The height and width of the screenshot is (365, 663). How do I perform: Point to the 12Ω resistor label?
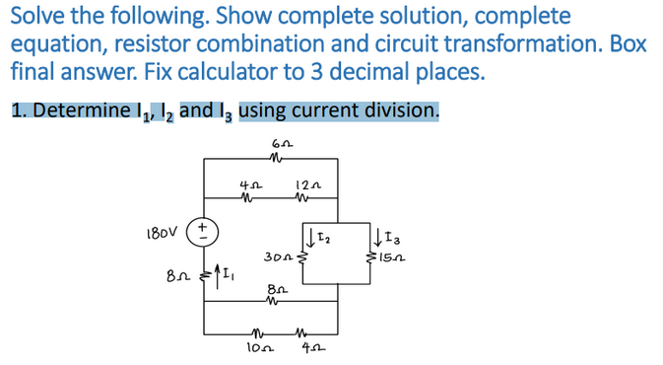pyautogui.click(x=303, y=182)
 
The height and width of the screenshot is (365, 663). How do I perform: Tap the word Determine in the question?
pyautogui.click(x=80, y=109)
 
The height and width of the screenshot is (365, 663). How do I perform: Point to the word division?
pyautogui.click(x=400, y=109)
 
